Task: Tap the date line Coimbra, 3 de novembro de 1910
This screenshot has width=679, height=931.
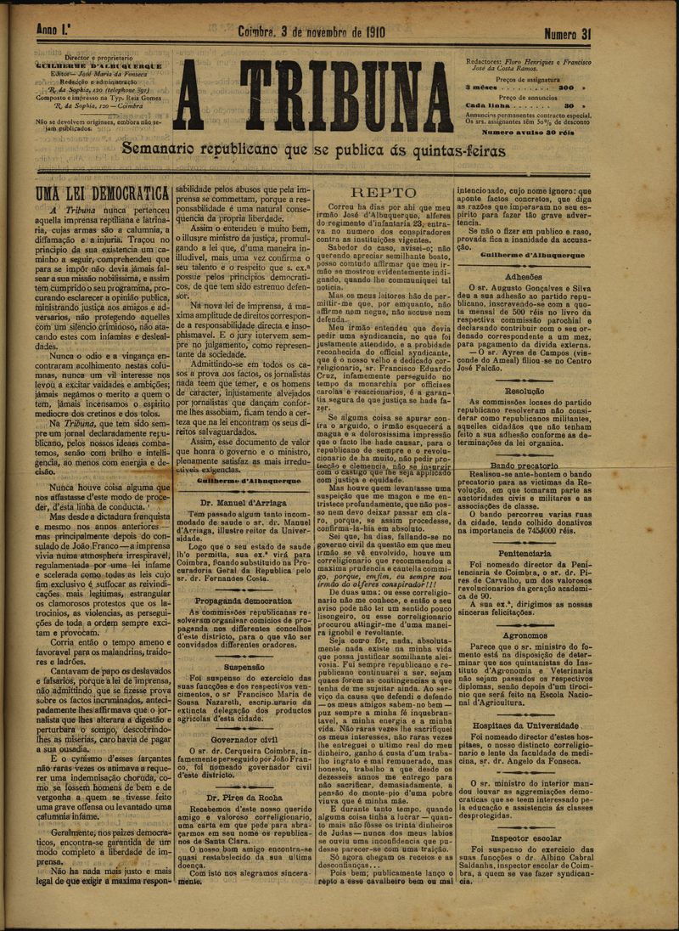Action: [313, 33]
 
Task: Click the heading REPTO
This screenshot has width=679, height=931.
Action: [384, 192]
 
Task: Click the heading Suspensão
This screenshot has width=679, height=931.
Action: [244, 667]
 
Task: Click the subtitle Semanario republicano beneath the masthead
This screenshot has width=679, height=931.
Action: [313, 150]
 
